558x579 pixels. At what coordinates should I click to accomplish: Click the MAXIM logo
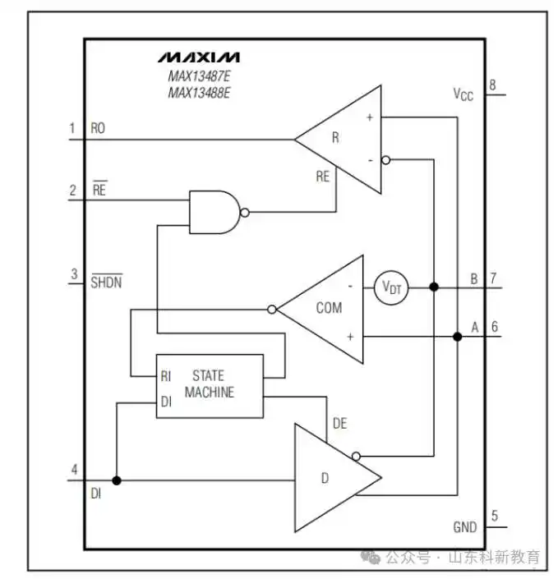click(x=199, y=57)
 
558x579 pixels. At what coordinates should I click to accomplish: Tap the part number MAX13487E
click(x=199, y=76)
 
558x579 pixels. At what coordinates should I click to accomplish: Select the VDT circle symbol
click(x=391, y=287)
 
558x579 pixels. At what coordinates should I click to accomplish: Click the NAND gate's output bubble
click(x=244, y=213)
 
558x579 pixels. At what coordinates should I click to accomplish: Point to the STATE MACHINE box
click(x=210, y=386)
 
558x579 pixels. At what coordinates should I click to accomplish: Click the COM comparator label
click(x=329, y=308)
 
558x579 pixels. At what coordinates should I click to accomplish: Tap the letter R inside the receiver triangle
click(x=335, y=137)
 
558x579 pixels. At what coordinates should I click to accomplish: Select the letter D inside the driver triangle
click(x=325, y=478)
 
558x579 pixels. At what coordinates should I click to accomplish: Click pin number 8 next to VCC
click(x=492, y=85)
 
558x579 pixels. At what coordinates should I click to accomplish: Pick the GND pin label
click(x=465, y=527)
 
